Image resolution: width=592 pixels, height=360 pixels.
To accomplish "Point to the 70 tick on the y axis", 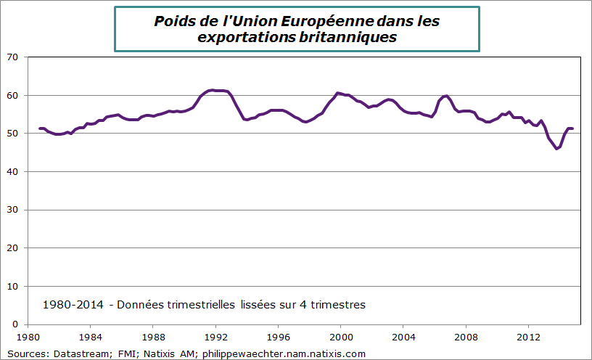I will [12, 57].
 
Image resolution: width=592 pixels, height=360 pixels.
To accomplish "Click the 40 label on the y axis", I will [12, 172].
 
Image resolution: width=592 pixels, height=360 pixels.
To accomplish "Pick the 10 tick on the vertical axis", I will [12, 287].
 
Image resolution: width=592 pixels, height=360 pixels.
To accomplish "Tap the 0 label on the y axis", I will [15, 324].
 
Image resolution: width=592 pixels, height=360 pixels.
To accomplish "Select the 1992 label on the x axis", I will [215, 337].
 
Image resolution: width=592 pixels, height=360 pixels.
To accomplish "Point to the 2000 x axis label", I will [341, 337].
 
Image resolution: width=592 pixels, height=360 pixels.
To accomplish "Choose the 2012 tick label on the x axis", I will [529, 337].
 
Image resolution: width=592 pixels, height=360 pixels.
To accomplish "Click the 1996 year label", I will [278, 337].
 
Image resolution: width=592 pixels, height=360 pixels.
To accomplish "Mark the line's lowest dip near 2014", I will [556, 148].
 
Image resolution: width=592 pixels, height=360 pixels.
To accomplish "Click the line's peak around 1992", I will [212, 90].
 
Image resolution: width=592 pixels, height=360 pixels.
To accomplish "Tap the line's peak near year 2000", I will [337, 93].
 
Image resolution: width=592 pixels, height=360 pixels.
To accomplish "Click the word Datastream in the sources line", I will [80, 353].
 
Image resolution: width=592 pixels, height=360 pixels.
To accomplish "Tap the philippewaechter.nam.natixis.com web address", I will [284, 353].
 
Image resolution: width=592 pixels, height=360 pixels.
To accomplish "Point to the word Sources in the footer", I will [24, 353].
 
